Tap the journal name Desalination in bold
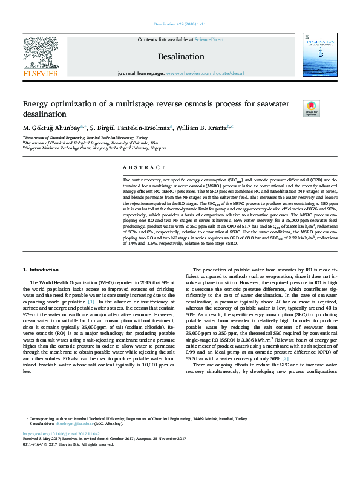pyautogui.click(x=182, y=56)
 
